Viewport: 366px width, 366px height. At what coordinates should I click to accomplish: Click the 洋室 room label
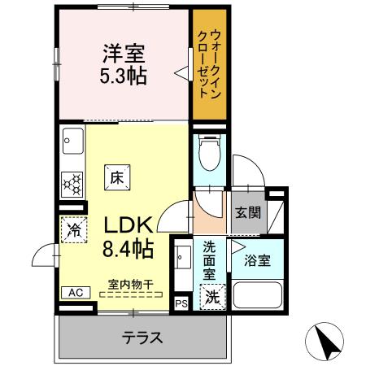pos(124,55)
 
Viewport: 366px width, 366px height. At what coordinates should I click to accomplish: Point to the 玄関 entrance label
pos(248,213)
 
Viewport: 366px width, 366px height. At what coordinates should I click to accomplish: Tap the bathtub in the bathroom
pos(256,297)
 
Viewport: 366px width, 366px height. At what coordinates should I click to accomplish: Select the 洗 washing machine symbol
pos(211,297)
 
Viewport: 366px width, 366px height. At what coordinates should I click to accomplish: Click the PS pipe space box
pos(181,304)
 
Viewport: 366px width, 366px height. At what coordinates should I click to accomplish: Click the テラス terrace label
pos(143,337)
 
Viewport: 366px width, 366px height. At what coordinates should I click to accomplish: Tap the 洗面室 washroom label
pos(209,259)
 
